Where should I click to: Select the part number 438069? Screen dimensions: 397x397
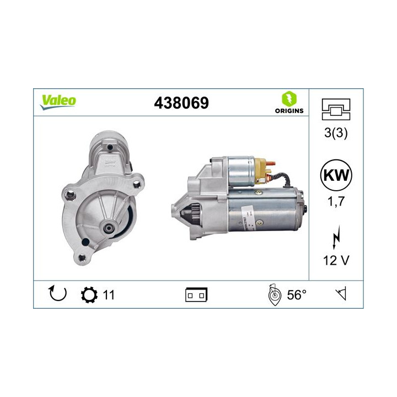pyautogui.click(x=183, y=103)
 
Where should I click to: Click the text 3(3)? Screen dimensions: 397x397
pyautogui.click(x=336, y=133)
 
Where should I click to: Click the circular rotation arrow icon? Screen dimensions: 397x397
pyautogui.click(x=58, y=294)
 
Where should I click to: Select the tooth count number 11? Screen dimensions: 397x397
pyautogui.click(x=109, y=295)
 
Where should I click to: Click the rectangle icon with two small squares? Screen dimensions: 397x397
pyautogui.click(x=196, y=295)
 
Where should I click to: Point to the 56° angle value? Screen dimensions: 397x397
pyautogui.click(x=296, y=295)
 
